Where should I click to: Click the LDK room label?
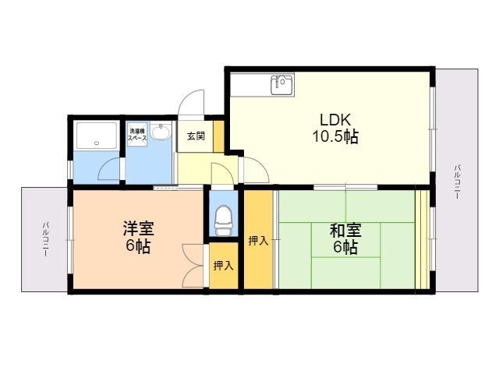tap(336, 119)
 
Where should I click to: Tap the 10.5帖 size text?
tap(336, 137)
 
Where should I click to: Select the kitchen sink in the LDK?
tap(281, 84)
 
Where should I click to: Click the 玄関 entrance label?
tap(196, 136)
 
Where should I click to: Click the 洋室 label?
tap(138, 230)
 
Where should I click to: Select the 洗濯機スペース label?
tap(137, 132)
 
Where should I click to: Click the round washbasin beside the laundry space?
tap(161, 132)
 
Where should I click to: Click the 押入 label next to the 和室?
tap(258, 241)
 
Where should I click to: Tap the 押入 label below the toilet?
tap(223, 266)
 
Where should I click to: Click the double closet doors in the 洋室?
tap(193, 265)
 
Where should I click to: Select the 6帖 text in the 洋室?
tap(138, 248)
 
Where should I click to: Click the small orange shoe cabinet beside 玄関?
tap(219, 136)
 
